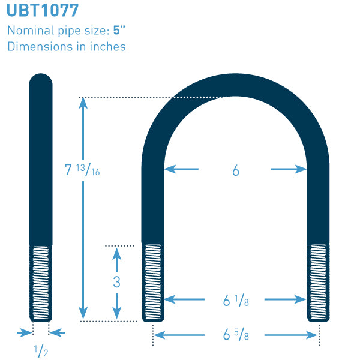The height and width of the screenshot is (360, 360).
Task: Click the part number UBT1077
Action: point(43,10)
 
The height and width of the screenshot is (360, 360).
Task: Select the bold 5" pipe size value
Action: point(119,31)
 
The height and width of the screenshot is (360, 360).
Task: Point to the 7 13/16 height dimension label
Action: point(82,170)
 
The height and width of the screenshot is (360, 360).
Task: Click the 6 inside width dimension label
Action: point(236,170)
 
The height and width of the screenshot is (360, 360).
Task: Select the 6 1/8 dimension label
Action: point(236,301)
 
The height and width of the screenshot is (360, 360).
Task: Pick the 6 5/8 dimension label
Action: point(236,334)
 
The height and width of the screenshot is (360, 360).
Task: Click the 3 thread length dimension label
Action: point(116,282)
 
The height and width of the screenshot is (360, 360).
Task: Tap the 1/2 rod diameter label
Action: point(41,351)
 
